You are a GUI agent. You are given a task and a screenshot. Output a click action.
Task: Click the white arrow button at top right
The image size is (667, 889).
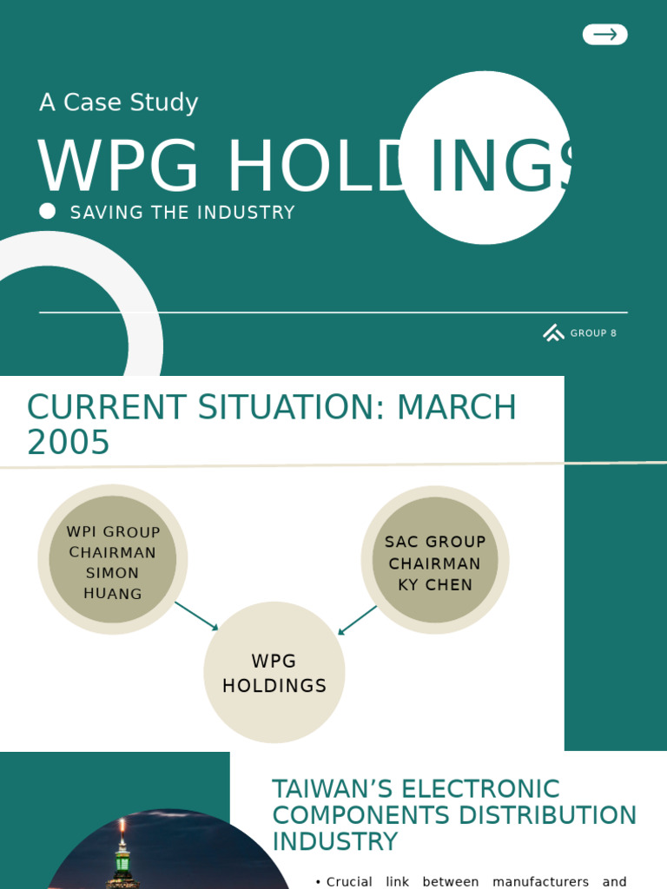604,35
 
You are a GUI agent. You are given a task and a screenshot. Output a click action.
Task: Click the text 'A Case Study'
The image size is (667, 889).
119,102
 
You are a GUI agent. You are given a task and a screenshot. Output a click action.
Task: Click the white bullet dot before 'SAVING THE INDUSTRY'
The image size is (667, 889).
48,211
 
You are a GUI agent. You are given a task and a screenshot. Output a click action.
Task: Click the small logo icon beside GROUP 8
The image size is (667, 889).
553,333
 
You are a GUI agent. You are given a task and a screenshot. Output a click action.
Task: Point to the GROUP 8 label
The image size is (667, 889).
593,333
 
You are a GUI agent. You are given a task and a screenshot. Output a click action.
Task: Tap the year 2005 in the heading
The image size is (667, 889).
69,443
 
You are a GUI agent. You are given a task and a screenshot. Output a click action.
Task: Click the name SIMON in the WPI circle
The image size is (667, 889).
112,573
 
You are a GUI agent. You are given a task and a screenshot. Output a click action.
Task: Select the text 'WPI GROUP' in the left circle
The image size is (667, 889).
113,532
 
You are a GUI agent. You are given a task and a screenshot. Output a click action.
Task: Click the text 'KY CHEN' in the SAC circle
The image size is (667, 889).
435,584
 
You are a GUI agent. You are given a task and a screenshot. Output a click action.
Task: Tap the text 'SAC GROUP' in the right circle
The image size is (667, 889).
435,542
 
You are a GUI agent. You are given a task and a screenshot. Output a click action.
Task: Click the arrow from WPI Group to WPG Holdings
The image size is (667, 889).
196,616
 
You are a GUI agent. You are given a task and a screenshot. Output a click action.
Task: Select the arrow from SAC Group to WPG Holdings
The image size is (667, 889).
357,620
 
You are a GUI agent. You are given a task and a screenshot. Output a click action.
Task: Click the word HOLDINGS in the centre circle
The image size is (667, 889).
274,686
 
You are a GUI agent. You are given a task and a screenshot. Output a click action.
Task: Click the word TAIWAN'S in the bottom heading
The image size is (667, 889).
330,789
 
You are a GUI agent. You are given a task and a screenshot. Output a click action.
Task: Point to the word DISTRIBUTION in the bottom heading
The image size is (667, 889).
546,815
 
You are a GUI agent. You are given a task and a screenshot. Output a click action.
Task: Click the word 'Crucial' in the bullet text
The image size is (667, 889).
349,882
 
